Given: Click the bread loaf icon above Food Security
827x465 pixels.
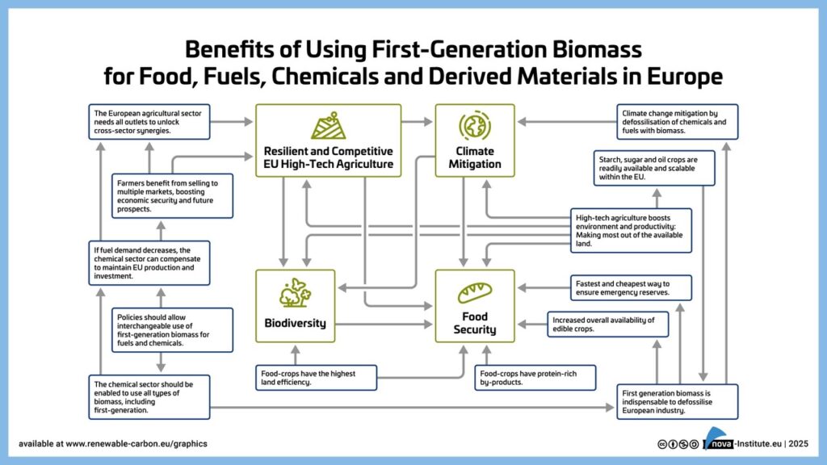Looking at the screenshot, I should click(x=474, y=292).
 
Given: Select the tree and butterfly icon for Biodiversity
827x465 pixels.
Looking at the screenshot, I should click(x=295, y=292).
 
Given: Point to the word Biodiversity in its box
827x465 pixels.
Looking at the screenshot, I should click(x=296, y=323).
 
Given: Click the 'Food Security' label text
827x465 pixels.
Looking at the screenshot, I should click(x=474, y=323).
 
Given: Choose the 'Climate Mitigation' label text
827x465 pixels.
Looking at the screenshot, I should click(x=474, y=157).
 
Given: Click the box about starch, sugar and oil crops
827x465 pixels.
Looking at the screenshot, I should click(x=653, y=166).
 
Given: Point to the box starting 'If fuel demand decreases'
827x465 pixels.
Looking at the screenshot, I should click(x=149, y=262).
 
